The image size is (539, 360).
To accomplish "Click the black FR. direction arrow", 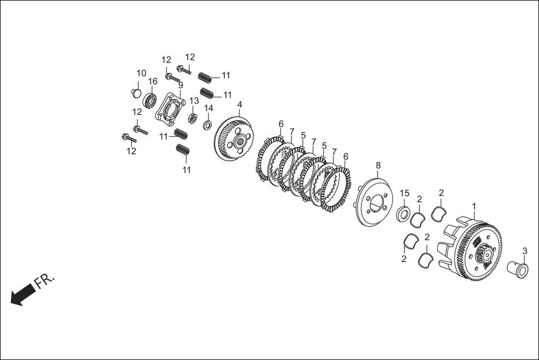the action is click(23, 294).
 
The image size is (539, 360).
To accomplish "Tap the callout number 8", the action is click(378, 165).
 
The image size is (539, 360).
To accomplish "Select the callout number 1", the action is click(474, 207).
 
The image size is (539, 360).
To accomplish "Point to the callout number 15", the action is click(404, 193).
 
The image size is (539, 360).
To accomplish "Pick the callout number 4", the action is click(240, 104).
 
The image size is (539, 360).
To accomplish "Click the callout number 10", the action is click(141, 73).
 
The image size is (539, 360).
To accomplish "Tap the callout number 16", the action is click(152, 81).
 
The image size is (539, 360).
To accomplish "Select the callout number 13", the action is click(194, 100).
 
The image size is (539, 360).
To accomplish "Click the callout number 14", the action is click(209, 108).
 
